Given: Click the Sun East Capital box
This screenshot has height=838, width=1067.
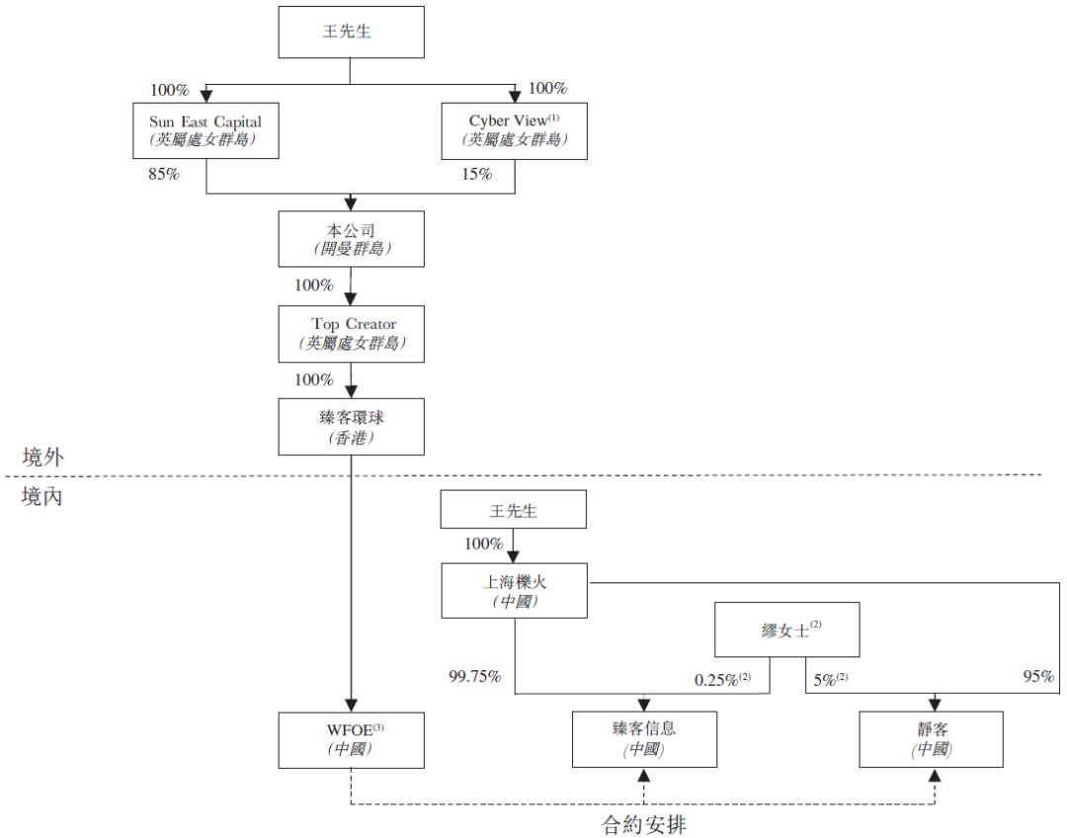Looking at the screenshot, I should pos(205,130).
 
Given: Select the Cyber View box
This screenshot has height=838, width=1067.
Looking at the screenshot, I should pos(515,130).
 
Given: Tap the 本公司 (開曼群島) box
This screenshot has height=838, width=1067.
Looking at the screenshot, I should pos(351,239).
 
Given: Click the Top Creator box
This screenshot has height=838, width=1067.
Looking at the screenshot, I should pos(351,333).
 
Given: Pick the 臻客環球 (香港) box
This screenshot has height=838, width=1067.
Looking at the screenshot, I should pos(351,426).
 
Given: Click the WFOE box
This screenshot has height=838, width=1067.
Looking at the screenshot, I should pos(351,739).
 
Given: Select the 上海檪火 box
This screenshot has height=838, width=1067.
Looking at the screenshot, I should pos(515,590).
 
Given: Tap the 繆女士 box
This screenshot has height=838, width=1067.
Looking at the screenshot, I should pos(786,630).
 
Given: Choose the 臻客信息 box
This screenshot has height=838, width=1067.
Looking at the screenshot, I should pos(644,739).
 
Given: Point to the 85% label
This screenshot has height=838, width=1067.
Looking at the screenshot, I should pos(165,175).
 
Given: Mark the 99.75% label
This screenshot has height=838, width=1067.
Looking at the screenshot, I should pos(475,677).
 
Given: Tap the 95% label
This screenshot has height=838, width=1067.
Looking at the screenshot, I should pos(1038,677).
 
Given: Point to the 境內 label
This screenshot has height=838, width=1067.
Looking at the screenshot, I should pos(42,496).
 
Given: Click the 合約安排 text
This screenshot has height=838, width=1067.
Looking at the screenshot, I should pos(644,824).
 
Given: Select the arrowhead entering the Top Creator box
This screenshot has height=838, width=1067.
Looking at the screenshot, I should pos(351,300).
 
